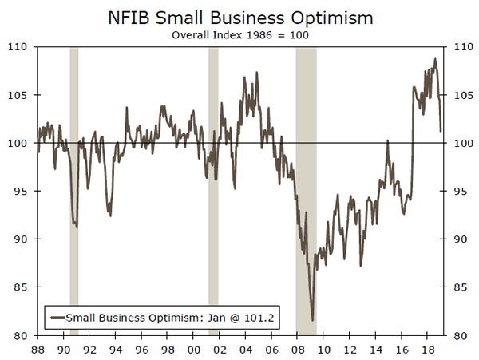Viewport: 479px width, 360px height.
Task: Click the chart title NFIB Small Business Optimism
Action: pyautogui.click(x=239, y=17)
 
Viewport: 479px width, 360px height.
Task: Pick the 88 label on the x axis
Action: pyautogui.click(x=38, y=350)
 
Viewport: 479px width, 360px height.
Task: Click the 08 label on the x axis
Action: pyautogui.click(x=297, y=350)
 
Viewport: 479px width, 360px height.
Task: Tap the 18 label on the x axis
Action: pyautogui.click(x=427, y=350)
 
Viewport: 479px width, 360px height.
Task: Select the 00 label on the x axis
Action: pyautogui.click(x=193, y=350)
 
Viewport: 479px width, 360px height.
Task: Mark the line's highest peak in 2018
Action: pyautogui.click(x=435, y=58)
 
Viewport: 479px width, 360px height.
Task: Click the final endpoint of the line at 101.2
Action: pyautogui.click(x=441, y=131)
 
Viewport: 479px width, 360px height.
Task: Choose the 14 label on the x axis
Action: pyautogui.click(x=375, y=350)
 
